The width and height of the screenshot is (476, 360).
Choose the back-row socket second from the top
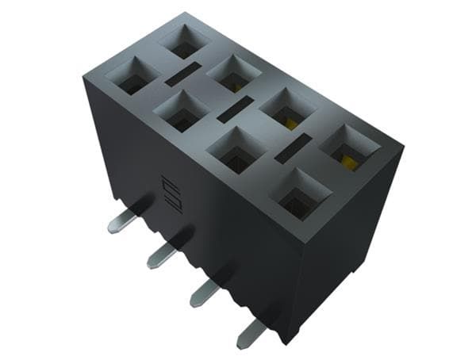(x=234, y=74)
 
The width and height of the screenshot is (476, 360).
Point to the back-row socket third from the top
(x=287, y=109)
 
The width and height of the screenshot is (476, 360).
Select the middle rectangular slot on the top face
(x=235, y=109)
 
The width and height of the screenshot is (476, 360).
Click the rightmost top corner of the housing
(x=403, y=147)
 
